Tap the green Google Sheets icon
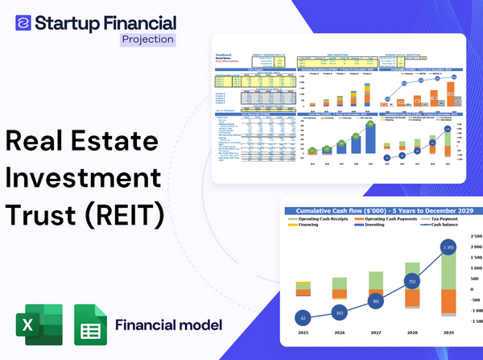tap(90, 325)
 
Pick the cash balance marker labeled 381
tap(375, 302)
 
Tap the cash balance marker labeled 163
tap(339, 312)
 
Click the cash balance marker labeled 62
tap(303, 317)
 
